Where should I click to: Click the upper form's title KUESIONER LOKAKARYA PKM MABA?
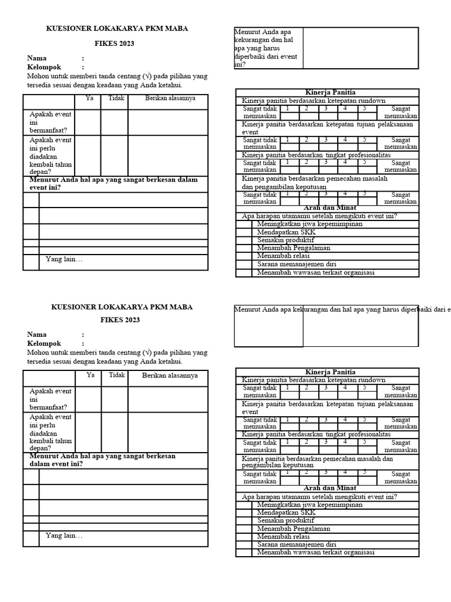tap(117, 28)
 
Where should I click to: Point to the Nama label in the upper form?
tap(37, 58)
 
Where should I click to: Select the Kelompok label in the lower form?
tap(44, 343)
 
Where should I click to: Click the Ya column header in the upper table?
tap(90, 98)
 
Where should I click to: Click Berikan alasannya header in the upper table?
tap(170, 98)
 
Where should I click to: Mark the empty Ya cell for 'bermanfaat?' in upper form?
tap(87, 122)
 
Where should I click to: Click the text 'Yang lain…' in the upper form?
tap(64, 259)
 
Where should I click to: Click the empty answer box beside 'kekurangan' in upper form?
tap(361, 48)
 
